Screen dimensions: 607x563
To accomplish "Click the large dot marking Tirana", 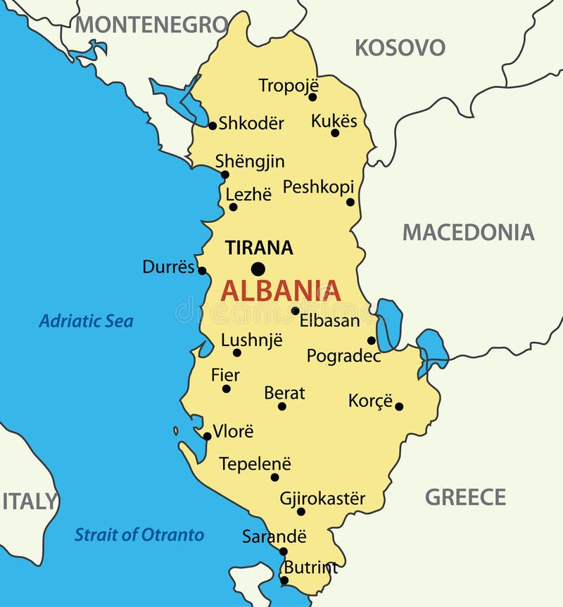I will click(x=258, y=269).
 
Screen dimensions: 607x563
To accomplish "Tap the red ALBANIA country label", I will click(x=281, y=290).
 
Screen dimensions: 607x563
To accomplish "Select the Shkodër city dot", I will click(x=213, y=126).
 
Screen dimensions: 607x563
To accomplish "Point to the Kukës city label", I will click(x=334, y=120).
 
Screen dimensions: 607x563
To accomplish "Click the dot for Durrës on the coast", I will click(x=202, y=270).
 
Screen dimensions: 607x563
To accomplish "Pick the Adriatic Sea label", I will click(x=86, y=321).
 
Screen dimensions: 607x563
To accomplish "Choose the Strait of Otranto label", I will click(x=139, y=535).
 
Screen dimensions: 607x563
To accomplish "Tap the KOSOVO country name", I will click(x=400, y=48).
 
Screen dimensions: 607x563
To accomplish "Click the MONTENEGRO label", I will click(x=151, y=25).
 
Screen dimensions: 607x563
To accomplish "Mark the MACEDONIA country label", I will click(x=468, y=232).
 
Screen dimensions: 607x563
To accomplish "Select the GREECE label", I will click(x=465, y=497).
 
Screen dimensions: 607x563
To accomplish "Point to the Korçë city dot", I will click(x=399, y=406).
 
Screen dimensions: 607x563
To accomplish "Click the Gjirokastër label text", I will click(x=322, y=499).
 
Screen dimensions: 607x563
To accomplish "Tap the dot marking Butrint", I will click(x=284, y=580).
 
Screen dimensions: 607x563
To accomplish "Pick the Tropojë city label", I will click(x=288, y=85).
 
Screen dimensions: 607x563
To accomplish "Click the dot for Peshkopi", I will click(x=350, y=202).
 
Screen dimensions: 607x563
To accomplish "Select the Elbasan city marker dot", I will click(x=296, y=311).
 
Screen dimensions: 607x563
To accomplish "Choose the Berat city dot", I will click(x=282, y=406).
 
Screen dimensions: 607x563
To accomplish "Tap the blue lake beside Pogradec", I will click(x=388, y=325).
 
